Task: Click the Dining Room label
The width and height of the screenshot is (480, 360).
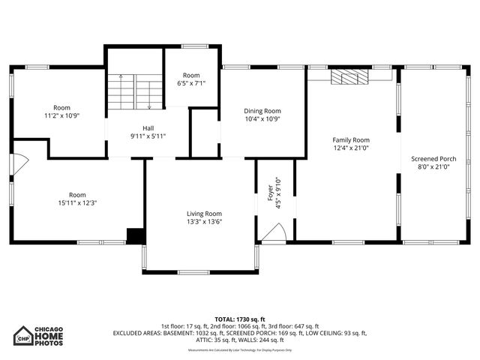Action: [262, 111]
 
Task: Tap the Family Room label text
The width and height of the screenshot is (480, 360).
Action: [351, 139]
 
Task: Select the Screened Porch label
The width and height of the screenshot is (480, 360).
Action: [433, 158]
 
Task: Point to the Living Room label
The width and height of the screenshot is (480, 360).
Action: [204, 213]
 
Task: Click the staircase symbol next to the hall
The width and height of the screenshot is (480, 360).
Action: [135, 91]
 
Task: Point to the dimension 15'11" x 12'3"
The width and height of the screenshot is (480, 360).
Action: [82, 202]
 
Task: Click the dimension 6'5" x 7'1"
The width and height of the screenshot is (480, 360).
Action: [190, 83]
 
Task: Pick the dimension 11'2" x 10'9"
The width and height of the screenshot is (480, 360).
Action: [61, 116]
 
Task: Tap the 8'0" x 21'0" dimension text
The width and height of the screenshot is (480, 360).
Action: [433, 167]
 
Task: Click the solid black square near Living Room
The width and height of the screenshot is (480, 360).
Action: [135, 235]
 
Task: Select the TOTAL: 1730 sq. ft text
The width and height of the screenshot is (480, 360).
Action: [240, 319]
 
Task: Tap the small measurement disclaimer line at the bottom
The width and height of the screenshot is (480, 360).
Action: [240, 349]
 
